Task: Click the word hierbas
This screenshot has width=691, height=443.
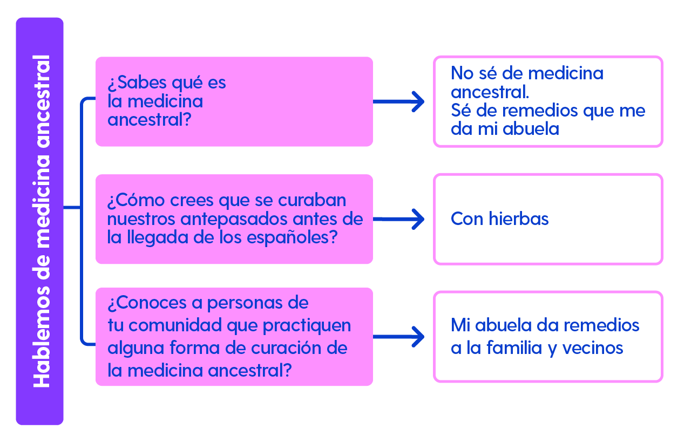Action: (x=519, y=219)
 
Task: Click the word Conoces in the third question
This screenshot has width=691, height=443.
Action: (x=148, y=303)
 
